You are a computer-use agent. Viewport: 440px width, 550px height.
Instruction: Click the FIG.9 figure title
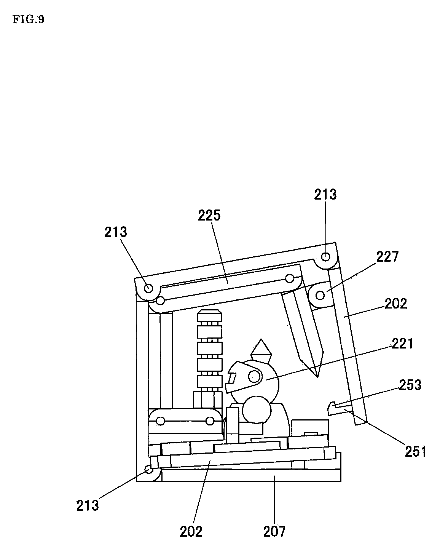pos(28,20)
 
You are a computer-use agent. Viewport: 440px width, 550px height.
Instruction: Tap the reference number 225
pos(209,216)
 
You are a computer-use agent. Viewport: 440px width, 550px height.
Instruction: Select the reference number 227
pos(387,257)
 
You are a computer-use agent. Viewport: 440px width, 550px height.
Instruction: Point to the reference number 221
pos(402,344)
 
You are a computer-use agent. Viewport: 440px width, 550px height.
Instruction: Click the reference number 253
pos(410,385)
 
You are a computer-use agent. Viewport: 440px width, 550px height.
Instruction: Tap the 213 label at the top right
pos(325,195)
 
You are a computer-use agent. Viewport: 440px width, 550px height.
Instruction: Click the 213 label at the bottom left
pos(87,505)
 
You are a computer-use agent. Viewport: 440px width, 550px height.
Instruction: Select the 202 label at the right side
pos(395,304)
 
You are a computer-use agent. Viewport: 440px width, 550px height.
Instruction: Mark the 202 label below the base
pos(191,531)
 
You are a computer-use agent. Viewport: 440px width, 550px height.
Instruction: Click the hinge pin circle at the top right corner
pos(326,257)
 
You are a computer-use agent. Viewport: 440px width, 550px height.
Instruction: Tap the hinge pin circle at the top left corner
pos(148,288)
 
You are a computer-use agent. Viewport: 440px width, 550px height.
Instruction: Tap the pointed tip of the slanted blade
pos(317,377)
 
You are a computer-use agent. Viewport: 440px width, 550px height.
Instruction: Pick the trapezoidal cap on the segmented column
pos(209,315)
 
